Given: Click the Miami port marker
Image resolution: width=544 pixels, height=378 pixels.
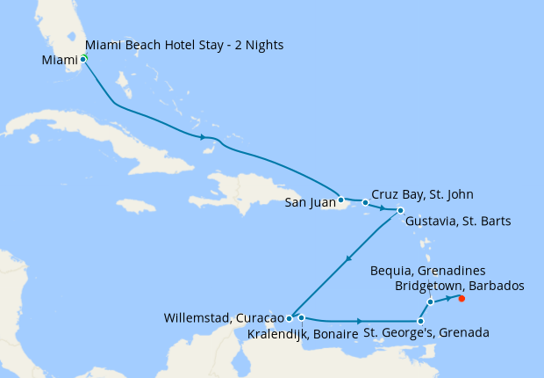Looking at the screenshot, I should pyautogui.click(x=83, y=59).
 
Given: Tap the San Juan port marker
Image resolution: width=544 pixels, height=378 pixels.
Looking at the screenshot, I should pyautogui.click(x=341, y=200).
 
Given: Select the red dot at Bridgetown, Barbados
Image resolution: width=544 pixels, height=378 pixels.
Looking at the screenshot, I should pyautogui.click(x=462, y=298).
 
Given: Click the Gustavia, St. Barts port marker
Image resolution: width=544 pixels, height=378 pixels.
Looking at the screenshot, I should pyautogui.click(x=400, y=211).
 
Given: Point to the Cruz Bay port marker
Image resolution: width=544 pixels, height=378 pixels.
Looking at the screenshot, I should pyautogui.click(x=366, y=202).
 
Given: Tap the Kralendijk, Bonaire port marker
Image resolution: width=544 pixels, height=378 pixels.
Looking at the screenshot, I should pyautogui.click(x=301, y=317).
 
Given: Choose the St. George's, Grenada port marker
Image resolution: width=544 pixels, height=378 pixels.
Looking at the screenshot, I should pyautogui.click(x=421, y=321).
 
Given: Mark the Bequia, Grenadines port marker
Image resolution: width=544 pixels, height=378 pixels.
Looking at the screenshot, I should pyautogui.click(x=430, y=302).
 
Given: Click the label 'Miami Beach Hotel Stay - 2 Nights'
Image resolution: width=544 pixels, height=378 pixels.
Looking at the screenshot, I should pyautogui.click(x=184, y=45).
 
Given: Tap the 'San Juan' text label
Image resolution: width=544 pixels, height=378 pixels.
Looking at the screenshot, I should pyautogui.click(x=311, y=203).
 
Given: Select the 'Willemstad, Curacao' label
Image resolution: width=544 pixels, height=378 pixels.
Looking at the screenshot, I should pyautogui.click(x=223, y=317).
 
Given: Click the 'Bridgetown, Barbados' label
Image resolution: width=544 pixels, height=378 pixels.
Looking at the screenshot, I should pyautogui.click(x=460, y=286).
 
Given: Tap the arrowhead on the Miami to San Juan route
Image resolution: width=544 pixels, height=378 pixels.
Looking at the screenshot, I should pyautogui.click(x=204, y=137).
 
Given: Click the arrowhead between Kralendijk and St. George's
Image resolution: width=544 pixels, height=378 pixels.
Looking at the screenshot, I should pyautogui.click(x=360, y=321).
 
